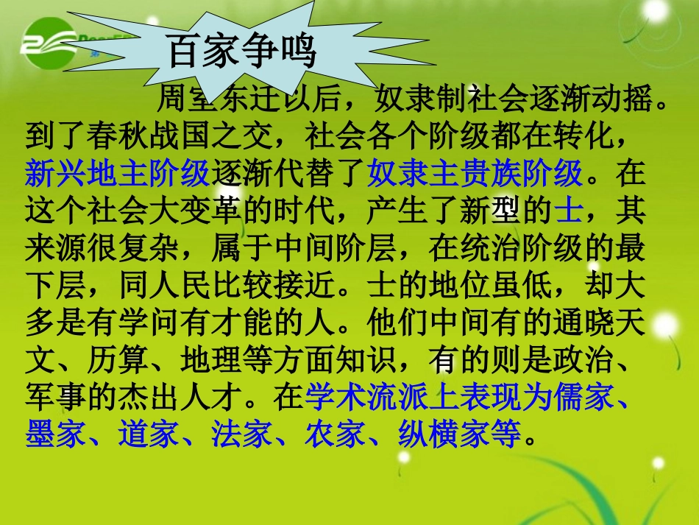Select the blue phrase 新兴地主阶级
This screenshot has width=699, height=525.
pyautogui.click(x=118, y=174)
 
